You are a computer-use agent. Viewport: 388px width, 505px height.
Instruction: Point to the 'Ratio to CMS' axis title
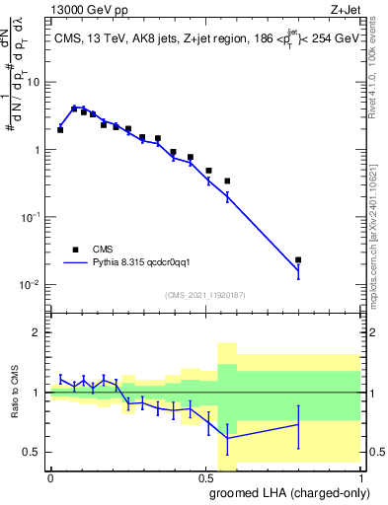[15, 393]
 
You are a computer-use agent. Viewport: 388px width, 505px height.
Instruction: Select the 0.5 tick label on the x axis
[205, 478]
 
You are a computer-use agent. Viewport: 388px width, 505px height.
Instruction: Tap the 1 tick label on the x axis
[360, 478]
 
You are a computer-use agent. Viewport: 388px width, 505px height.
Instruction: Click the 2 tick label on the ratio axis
[38, 333]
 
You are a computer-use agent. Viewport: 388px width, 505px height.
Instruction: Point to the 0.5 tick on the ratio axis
[33, 452]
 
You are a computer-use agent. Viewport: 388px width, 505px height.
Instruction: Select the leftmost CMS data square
[60, 129]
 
